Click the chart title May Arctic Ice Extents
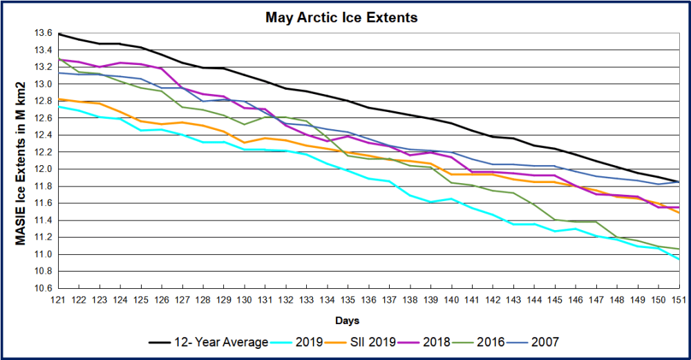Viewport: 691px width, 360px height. tap(341, 17)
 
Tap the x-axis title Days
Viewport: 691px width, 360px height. tap(347, 321)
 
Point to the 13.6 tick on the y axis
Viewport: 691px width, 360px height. tap(43, 33)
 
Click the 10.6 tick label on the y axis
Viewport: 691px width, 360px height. tap(43, 289)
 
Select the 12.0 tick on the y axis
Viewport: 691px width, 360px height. tap(43, 169)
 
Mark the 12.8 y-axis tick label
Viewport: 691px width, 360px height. tap(43, 102)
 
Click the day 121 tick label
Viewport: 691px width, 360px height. tap(57, 299)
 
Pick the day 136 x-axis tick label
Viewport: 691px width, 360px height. tap(368, 299)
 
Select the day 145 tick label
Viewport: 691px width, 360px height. tap(555, 299)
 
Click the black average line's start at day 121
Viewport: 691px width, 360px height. tap(58, 34)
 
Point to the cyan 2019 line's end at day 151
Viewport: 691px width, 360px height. tap(679, 259)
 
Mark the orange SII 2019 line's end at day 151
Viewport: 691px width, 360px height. tap(679, 213)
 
